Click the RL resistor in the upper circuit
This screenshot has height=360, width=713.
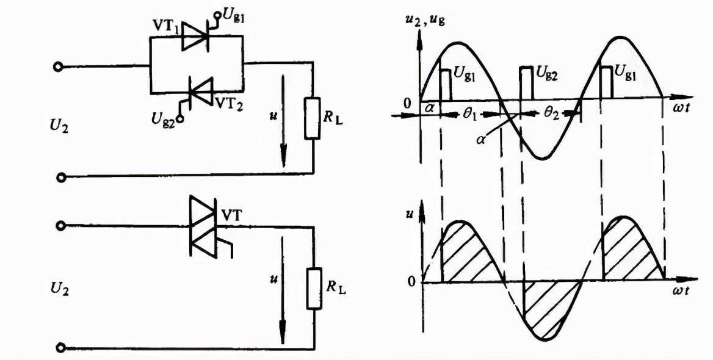[x=313, y=117]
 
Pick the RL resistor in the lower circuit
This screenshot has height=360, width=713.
[x=314, y=289]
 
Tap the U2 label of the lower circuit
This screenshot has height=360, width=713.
[x=60, y=290]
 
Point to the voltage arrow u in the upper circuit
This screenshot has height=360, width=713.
[x=284, y=121]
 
